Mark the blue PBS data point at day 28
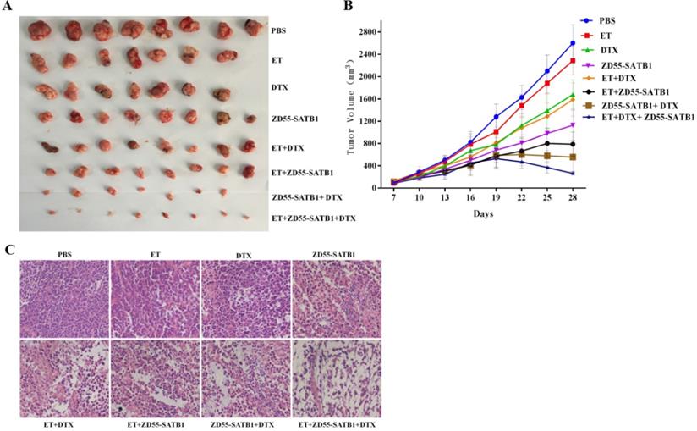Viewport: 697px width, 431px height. click(573, 42)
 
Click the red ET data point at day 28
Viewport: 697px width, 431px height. click(573, 60)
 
